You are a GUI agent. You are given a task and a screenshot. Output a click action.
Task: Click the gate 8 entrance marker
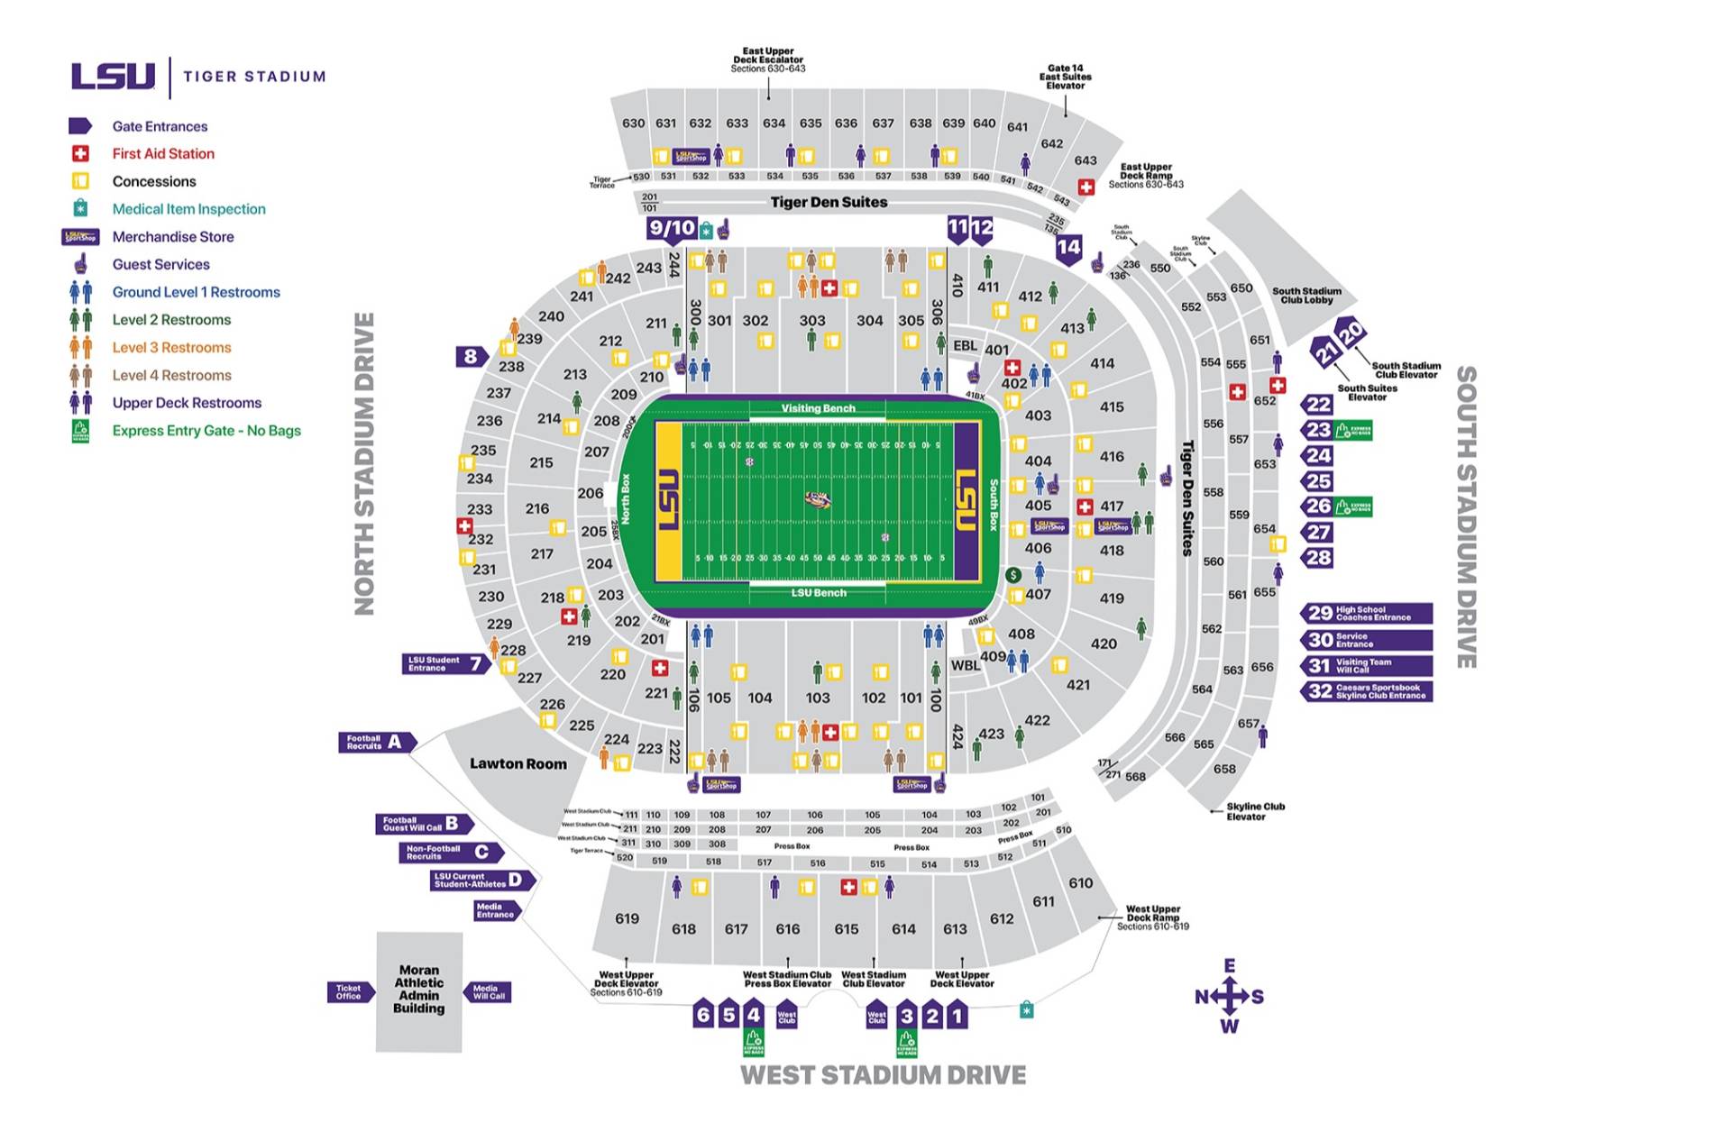[x=471, y=357]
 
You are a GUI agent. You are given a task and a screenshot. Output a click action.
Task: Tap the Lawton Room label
[x=518, y=764]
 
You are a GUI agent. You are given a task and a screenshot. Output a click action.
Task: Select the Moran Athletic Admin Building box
[x=419, y=990]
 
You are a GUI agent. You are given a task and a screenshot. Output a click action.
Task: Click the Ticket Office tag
[x=349, y=992]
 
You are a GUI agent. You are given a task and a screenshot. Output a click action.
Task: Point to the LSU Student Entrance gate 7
[x=445, y=664]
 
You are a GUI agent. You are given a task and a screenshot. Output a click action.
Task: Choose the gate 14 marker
[x=1068, y=248]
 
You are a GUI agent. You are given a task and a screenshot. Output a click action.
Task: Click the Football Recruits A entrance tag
[x=377, y=743]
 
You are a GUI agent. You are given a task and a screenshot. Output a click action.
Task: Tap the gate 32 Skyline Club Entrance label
[x=1366, y=691]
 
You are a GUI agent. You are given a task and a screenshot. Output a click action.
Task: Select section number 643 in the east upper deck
[x=1086, y=160]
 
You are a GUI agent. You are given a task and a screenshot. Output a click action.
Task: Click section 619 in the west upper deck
[x=627, y=918]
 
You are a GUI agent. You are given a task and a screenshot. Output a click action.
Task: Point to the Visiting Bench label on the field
[x=818, y=408]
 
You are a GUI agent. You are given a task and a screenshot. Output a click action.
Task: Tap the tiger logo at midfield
[x=818, y=499]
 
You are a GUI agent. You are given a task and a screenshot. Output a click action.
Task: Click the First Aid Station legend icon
[x=80, y=154]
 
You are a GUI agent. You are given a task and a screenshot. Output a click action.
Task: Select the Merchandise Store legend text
[x=173, y=237]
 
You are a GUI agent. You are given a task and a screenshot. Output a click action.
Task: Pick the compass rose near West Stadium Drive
[x=1229, y=996]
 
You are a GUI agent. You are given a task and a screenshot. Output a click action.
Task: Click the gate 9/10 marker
[x=672, y=229]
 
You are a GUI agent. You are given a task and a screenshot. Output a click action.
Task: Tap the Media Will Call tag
[x=489, y=992]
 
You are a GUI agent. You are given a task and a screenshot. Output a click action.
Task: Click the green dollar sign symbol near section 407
[x=1013, y=575]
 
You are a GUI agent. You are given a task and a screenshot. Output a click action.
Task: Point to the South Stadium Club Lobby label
[x=1306, y=296]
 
